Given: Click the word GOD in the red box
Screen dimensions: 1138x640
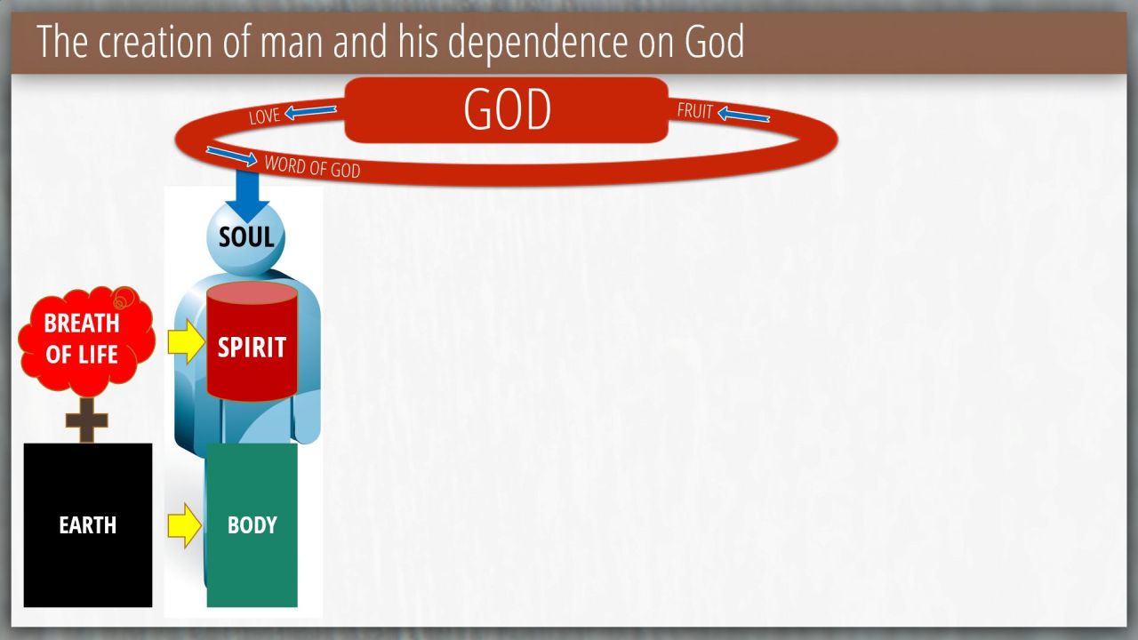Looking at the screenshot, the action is tap(507, 109).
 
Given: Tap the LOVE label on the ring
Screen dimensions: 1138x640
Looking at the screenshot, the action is tap(264, 116).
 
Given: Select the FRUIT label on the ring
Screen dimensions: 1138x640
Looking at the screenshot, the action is tap(695, 111).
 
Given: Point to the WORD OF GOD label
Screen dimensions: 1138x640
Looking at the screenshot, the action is tap(312, 167).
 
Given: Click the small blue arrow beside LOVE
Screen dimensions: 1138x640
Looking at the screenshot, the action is tap(310, 112).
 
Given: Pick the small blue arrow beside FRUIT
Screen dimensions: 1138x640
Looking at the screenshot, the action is tap(743, 115).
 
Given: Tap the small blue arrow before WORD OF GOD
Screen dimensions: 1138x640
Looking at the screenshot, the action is tap(232, 156).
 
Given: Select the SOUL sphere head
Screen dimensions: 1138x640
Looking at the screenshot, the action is tap(246, 237).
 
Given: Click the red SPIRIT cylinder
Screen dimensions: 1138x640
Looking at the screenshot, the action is tap(252, 341).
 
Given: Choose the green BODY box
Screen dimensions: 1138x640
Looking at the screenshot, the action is tap(252, 524).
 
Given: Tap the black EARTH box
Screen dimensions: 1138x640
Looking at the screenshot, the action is tap(88, 524).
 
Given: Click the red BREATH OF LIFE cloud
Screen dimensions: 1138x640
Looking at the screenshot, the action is tap(86, 340).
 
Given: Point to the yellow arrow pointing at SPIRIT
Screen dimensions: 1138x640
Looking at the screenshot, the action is tap(187, 341).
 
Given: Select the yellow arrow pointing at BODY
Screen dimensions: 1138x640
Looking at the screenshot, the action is tap(185, 525).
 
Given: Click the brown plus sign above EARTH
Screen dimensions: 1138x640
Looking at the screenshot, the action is tap(87, 420).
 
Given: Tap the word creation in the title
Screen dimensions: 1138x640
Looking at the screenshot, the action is tap(155, 42).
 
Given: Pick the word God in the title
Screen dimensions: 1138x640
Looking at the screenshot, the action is tap(714, 42).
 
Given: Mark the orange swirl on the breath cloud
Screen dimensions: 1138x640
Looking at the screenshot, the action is tap(124, 298).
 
